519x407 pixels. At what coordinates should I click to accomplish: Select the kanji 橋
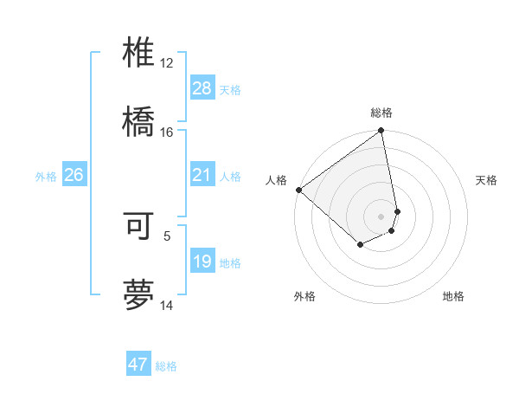point(139,121)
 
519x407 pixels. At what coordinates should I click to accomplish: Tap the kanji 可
point(139,226)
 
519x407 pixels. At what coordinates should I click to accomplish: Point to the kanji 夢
point(139,294)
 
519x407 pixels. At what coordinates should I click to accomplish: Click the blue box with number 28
point(202,87)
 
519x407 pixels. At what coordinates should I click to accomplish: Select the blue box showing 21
point(202,176)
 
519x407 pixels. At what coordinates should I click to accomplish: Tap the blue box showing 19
point(202,262)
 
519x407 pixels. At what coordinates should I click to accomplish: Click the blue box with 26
point(74,176)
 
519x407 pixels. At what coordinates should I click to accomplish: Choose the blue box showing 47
point(138,365)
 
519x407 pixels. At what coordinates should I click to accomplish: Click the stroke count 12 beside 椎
point(167,63)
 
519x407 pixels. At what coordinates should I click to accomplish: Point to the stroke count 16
point(167,132)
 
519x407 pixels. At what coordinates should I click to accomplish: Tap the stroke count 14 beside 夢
point(167,305)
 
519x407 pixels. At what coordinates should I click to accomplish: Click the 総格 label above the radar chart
point(381,113)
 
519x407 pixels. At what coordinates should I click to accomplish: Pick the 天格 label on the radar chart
point(487,180)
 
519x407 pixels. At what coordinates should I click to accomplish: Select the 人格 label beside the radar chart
point(276,180)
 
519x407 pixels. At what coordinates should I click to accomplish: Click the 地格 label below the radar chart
point(453,296)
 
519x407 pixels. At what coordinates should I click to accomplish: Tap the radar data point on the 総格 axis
point(381,132)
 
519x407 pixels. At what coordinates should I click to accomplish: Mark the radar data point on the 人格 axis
point(298,190)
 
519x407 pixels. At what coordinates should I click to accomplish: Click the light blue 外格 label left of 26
point(46,177)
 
